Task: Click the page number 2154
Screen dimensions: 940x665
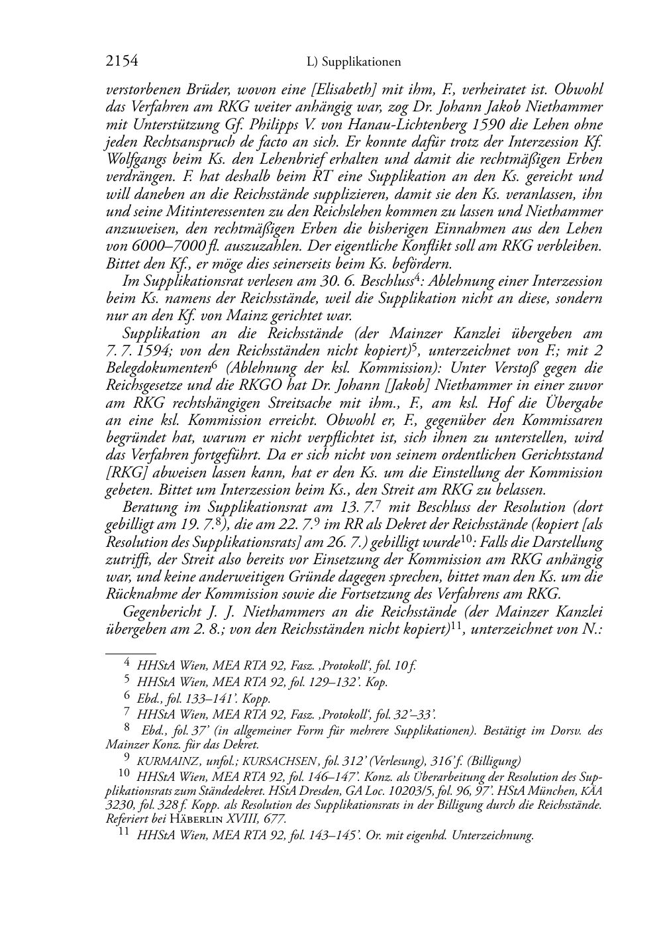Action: point(122,62)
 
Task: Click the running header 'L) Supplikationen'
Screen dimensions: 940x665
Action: point(354,62)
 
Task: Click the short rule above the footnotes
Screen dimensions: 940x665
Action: point(130,652)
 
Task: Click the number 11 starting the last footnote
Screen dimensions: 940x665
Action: point(123,834)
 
